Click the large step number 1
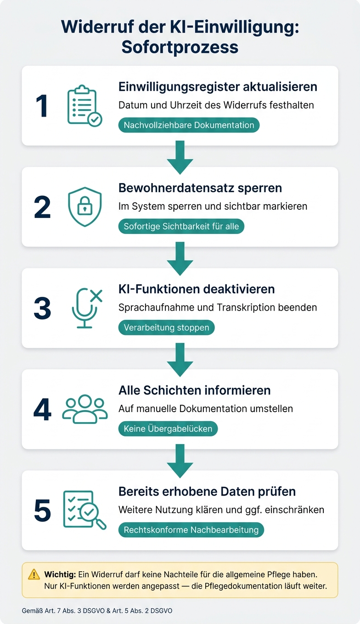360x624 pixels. click(42, 106)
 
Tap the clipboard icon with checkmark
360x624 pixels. click(84, 106)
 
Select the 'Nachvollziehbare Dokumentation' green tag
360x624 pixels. click(189, 125)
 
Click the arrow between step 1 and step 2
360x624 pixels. click(180, 157)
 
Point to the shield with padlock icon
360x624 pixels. click(85, 206)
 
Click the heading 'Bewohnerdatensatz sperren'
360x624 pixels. click(200, 188)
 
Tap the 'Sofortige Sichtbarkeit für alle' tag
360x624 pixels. click(181, 226)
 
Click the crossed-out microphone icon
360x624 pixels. click(87, 308)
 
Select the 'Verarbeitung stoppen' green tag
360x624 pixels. click(167, 327)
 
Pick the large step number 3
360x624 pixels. click(42, 308)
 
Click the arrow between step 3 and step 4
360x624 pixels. click(180, 359)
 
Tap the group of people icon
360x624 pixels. click(85, 409)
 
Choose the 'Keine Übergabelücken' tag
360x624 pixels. click(168, 429)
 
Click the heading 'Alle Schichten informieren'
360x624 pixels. click(194, 390)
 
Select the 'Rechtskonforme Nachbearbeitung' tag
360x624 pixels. click(191, 529)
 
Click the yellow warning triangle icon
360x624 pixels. click(34, 574)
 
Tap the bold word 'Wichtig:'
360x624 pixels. click(60, 574)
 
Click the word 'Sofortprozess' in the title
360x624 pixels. click(180, 47)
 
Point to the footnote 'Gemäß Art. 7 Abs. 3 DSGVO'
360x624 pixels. click(63, 611)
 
